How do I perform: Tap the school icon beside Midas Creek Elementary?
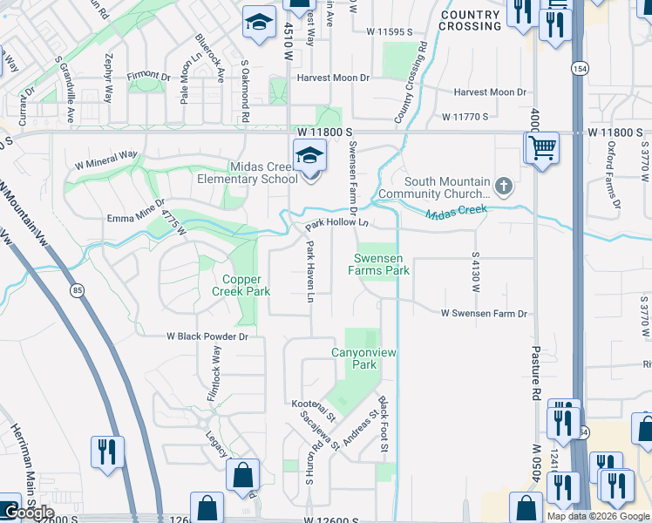tap(309, 158)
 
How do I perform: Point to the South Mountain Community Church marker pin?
tap(502, 185)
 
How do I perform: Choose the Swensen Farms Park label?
tap(381, 264)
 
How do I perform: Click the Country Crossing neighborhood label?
tap(471, 21)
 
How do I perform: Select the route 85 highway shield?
tap(78, 290)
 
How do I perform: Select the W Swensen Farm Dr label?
tap(484, 313)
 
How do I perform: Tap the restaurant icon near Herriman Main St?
tap(107, 452)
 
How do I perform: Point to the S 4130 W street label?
tap(476, 273)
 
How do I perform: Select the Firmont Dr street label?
tap(148, 75)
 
